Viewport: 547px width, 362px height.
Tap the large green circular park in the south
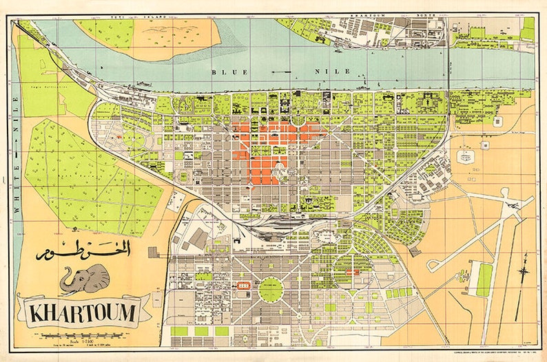point(271,289)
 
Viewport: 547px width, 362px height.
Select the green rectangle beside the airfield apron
point(485,279)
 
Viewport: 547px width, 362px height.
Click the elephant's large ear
point(97,277)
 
